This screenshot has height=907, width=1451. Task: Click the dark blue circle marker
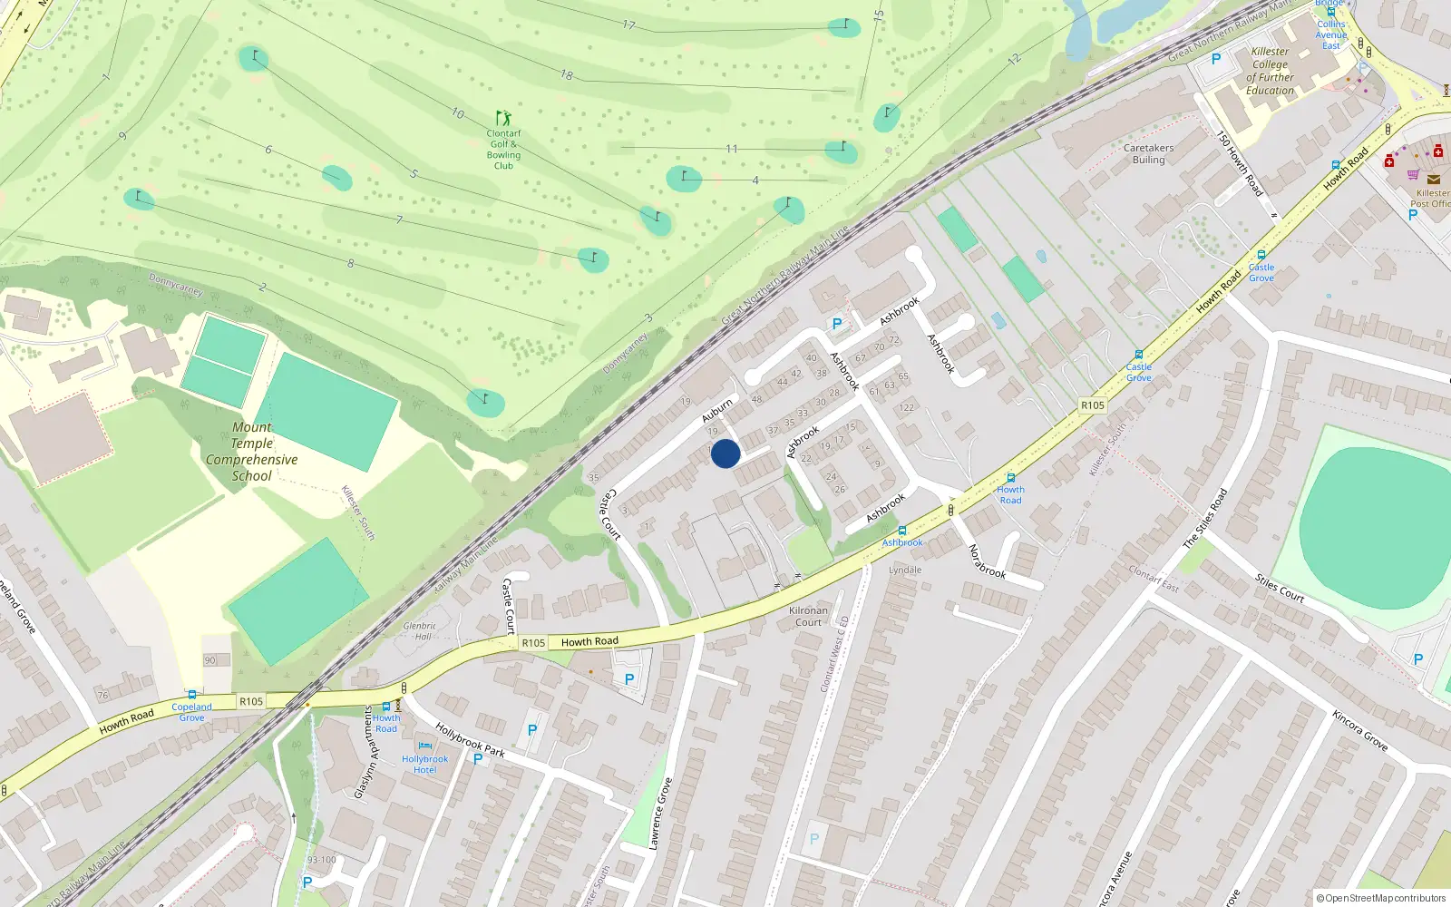click(x=725, y=453)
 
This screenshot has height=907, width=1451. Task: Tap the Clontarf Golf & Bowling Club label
click(x=503, y=150)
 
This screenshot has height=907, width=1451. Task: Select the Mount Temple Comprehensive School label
click(x=252, y=452)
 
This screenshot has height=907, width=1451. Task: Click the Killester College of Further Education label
click(x=1270, y=71)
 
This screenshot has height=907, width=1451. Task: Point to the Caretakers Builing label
click(x=1148, y=154)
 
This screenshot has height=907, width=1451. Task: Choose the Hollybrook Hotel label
click(x=424, y=765)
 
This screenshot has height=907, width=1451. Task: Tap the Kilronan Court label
click(x=808, y=617)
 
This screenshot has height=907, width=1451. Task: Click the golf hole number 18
click(x=567, y=74)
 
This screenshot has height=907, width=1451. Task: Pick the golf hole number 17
click(x=628, y=24)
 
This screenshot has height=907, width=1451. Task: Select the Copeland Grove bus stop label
click(x=191, y=712)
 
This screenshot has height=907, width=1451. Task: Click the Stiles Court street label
click(x=1279, y=588)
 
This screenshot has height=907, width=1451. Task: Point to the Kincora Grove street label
click(x=1359, y=730)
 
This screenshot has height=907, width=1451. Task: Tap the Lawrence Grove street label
click(x=660, y=814)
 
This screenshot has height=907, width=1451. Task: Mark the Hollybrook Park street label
click(x=470, y=740)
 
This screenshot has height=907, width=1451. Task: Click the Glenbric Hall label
click(x=420, y=631)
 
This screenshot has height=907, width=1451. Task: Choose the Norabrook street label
click(x=987, y=561)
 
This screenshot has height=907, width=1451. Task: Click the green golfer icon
click(x=503, y=118)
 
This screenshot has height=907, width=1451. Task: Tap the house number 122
click(x=906, y=407)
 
